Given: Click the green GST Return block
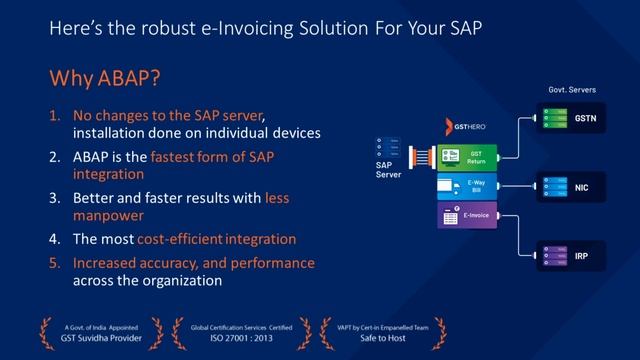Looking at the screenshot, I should pos(467,155).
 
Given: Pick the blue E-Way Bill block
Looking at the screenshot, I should pos(467,186).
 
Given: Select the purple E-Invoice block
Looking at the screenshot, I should pos(467,215).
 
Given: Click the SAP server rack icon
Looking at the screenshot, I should pos(389,146).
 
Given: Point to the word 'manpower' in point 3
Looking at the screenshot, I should pos(106,214).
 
